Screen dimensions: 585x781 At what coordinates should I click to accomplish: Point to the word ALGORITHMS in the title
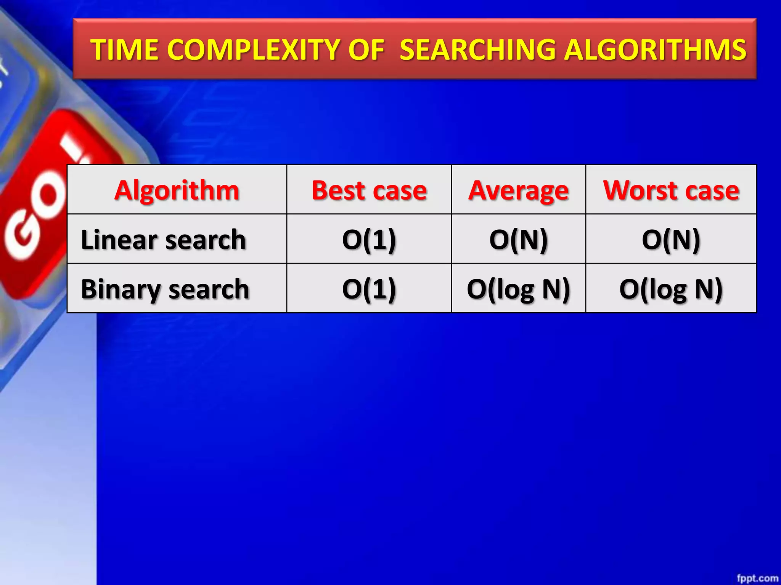[x=655, y=50]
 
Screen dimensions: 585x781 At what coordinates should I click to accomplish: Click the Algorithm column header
[x=177, y=190]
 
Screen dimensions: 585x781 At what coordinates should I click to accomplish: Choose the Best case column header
[x=369, y=190]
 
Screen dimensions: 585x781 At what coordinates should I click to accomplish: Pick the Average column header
[x=518, y=190]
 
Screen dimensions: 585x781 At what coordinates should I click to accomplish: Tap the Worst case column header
[x=671, y=190]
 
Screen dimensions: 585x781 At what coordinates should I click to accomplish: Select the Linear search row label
[x=163, y=239]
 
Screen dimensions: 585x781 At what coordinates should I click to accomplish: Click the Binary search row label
[x=165, y=289]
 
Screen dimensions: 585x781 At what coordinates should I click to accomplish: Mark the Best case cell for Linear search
[x=369, y=239]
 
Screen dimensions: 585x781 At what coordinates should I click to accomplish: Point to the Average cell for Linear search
[x=518, y=239]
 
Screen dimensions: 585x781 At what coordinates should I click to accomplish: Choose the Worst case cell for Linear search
[x=671, y=239]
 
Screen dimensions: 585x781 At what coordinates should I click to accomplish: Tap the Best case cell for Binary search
[x=369, y=289]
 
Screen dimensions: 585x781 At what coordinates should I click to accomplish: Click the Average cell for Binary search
[x=518, y=289]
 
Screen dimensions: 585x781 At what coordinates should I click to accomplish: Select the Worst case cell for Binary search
[x=671, y=289]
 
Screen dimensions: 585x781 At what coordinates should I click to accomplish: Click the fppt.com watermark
[x=757, y=578]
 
